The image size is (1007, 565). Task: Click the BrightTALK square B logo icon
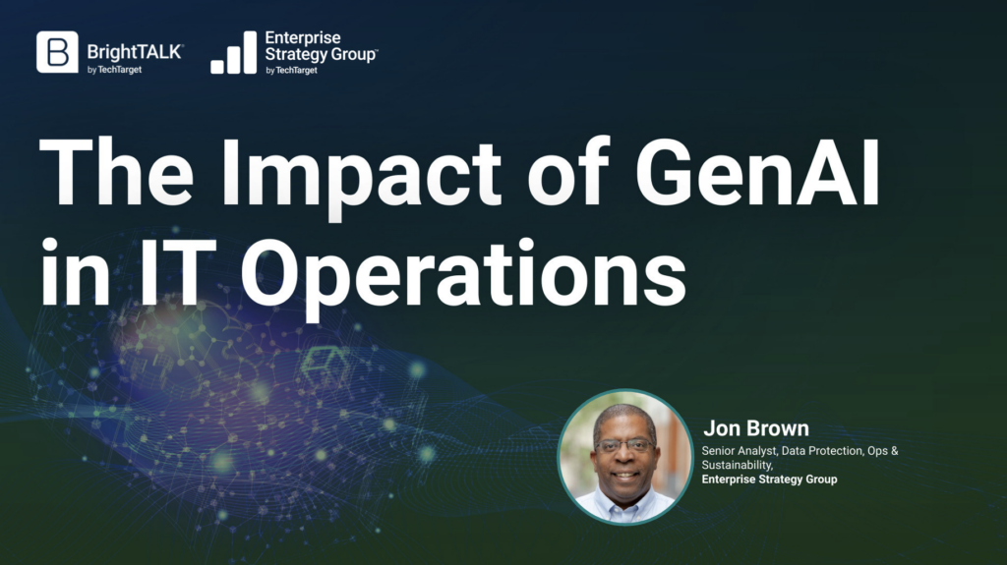57,51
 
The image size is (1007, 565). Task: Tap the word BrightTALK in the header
135,52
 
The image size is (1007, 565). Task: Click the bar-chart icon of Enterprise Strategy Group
233,52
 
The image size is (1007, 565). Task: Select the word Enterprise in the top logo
303,38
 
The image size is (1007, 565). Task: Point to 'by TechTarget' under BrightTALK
114,70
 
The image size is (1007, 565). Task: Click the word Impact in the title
360,173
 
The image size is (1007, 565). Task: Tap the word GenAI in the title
757,171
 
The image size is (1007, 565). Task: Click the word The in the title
116,171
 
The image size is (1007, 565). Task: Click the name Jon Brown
756,427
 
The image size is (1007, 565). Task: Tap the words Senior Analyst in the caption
739,451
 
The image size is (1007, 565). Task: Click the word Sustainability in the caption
738,465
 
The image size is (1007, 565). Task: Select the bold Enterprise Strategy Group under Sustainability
769,479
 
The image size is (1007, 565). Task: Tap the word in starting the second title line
74,271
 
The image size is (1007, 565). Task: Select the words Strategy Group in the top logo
322,55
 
